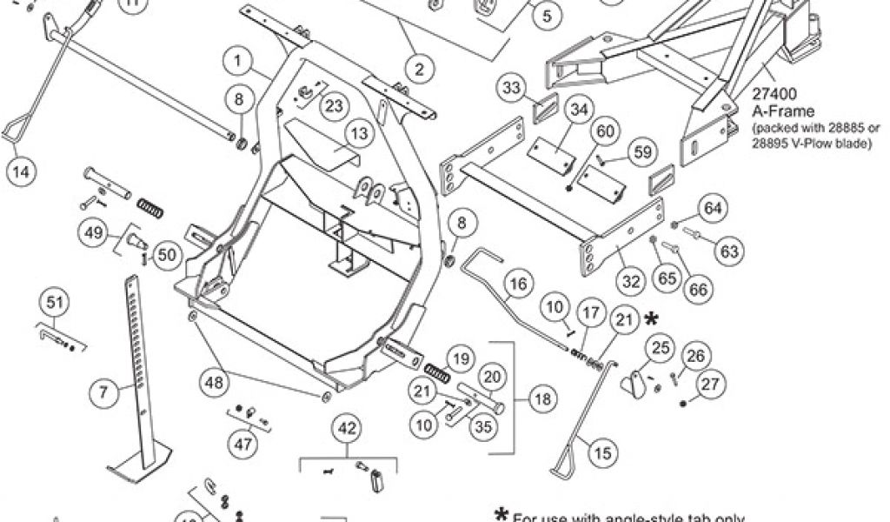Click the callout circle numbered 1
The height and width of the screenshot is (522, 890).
236,61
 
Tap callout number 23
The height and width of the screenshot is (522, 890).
334,105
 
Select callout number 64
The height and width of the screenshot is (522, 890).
713,208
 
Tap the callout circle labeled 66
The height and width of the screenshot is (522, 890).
695,290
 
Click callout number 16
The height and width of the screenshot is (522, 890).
518,284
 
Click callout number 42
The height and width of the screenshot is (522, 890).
347,428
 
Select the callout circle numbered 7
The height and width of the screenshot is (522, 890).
103,392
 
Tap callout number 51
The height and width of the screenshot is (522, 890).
55,302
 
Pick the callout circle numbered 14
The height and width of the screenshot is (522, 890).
22,171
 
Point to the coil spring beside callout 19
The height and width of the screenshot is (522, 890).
436,375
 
